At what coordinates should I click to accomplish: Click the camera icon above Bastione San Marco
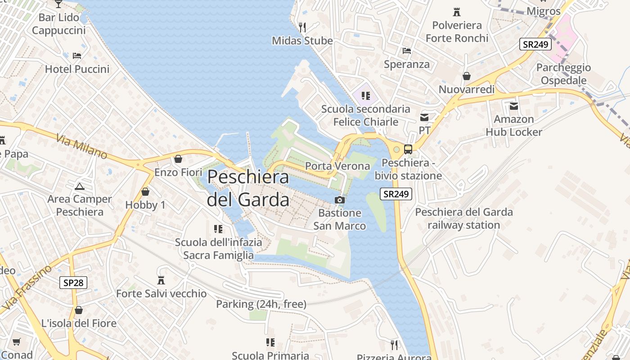tap(340, 200)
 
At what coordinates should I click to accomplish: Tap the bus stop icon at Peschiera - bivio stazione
tap(408, 149)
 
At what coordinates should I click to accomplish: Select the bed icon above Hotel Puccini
tap(77, 56)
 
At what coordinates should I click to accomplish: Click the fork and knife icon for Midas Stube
tap(302, 27)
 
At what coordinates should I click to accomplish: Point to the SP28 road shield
tap(73, 283)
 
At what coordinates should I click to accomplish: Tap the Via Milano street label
tap(82, 146)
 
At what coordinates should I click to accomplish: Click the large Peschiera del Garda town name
tap(248, 188)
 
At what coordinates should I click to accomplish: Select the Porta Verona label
tap(337, 166)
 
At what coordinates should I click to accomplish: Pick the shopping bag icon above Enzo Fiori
tap(178, 159)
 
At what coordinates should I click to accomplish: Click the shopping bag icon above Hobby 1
tap(145, 192)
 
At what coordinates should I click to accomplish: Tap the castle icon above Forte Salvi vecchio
tap(161, 280)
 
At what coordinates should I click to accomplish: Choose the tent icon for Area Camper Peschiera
tap(80, 186)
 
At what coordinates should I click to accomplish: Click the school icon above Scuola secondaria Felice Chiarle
tap(365, 95)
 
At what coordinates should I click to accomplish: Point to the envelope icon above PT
tap(424, 117)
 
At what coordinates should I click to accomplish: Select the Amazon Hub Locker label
tap(514, 126)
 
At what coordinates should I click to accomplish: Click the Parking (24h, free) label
tap(261, 304)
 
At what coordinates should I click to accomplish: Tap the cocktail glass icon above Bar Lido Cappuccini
tap(58, 4)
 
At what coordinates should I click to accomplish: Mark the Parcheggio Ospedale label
tap(563, 74)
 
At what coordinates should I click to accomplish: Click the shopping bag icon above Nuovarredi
tap(467, 76)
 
